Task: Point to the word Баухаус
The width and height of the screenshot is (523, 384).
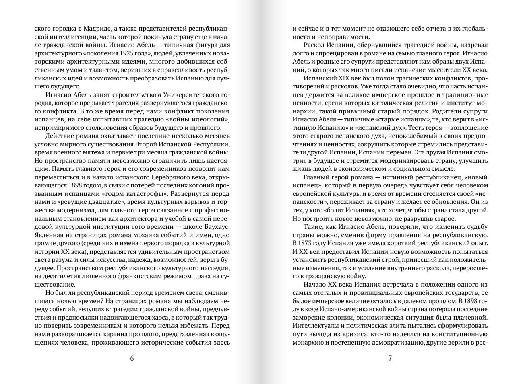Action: coord(216,227)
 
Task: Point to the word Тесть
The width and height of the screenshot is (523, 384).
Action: coord(417,127)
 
